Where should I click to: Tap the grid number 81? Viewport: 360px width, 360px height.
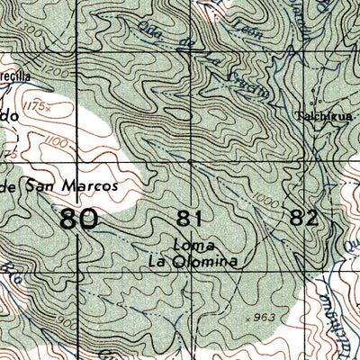[189, 217]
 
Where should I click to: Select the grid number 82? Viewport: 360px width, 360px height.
[303, 217]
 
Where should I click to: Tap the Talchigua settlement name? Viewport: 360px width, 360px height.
[318, 116]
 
